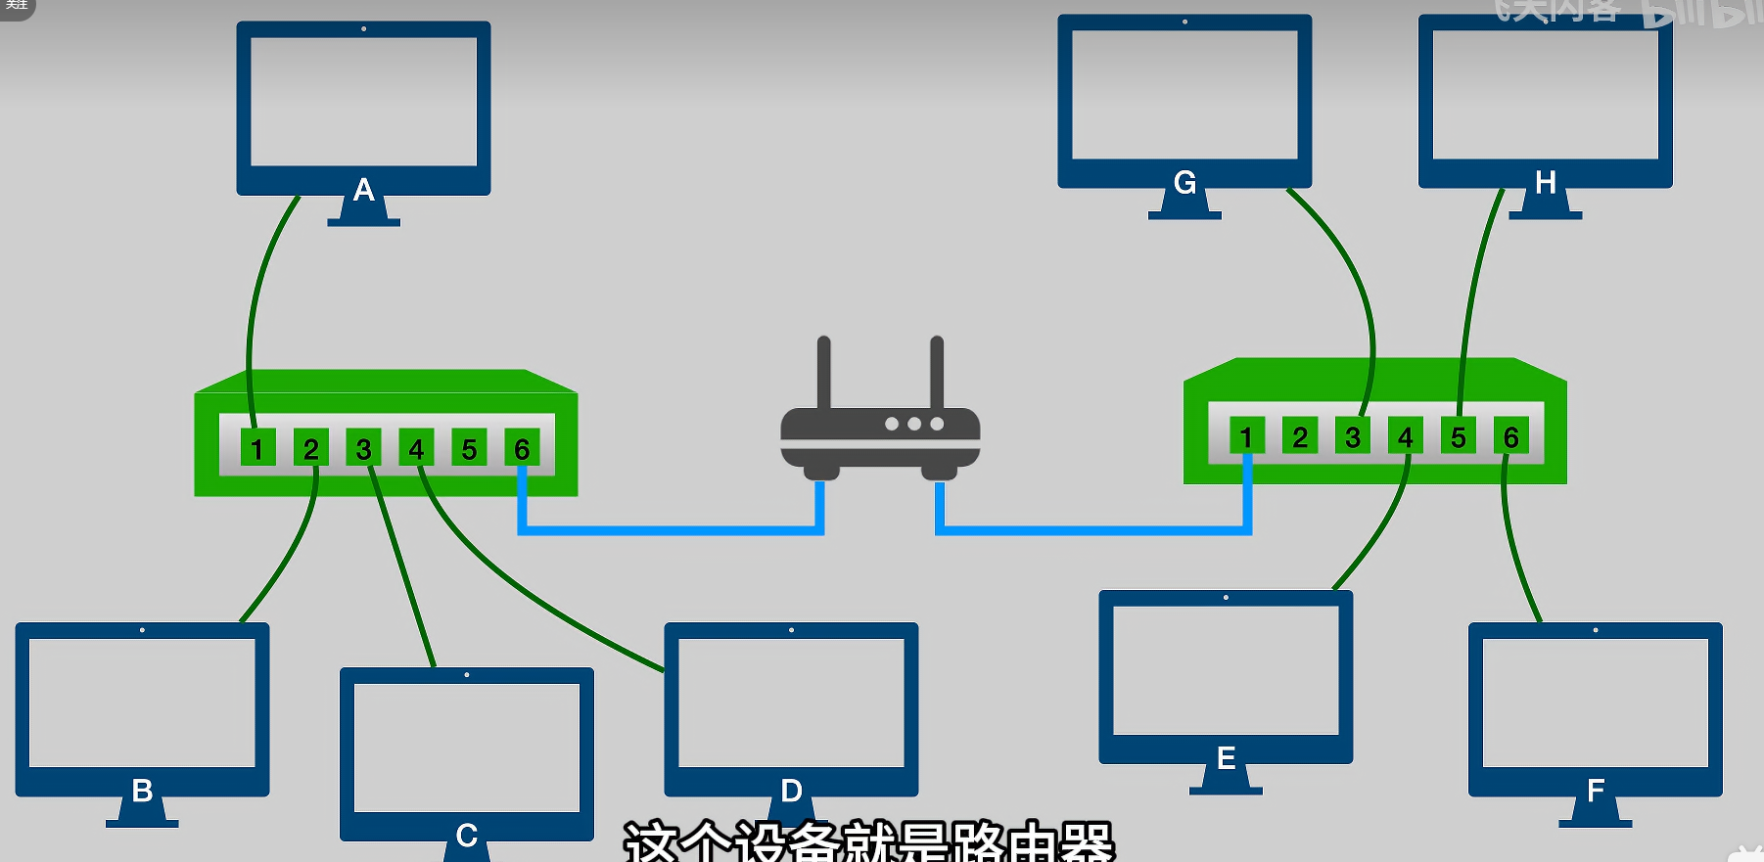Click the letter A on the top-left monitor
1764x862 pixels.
point(364,189)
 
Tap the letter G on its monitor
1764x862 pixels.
point(1184,182)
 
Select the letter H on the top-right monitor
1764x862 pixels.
point(1546,182)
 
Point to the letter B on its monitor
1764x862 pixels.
point(142,790)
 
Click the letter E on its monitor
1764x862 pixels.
point(1226,757)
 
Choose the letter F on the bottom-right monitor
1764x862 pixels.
point(1596,790)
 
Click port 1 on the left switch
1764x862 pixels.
point(257,449)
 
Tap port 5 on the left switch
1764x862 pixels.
point(469,449)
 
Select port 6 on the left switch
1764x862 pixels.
point(522,449)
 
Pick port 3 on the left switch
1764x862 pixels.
point(363,449)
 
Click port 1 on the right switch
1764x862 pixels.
point(1246,436)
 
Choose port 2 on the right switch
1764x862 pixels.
point(1300,436)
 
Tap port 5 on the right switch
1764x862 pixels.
point(1459,436)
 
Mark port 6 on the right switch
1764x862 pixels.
point(1511,436)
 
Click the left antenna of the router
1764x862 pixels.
point(823,372)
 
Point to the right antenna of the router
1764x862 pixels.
point(937,372)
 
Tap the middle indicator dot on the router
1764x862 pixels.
point(914,424)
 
